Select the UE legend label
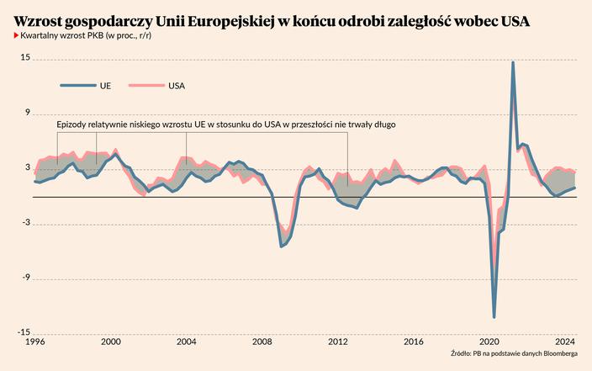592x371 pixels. pos(105,85)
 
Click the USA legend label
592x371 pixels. pos(177,85)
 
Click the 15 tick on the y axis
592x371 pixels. pos(25,58)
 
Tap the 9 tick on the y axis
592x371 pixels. pos(27,113)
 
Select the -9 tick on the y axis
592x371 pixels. pos(25,278)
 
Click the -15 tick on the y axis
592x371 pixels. pos(24,332)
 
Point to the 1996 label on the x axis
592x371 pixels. pos(34,342)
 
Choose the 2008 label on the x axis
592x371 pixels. pos(262,342)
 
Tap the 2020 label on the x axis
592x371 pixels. pos(489,342)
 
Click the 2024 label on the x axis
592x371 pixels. pos(565,342)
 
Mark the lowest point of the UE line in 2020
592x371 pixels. pos(494,317)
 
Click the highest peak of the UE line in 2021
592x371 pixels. pos(513,63)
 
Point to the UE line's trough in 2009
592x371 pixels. pos(282,246)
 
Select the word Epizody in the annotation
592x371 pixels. pos(71,125)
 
